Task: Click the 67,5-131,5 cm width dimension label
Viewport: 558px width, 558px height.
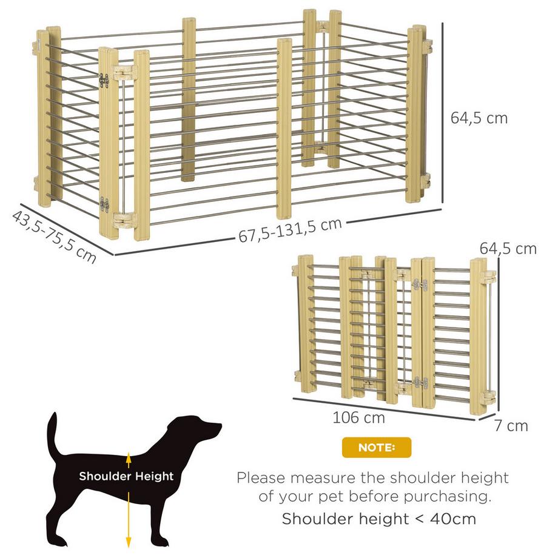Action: pyautogui.click(x=290, y=230)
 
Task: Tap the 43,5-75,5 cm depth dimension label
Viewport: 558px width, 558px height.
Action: pyautogui.click(x=54, y=237)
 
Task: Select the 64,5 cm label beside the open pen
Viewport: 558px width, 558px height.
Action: pyautogui.click(x=479, y=118)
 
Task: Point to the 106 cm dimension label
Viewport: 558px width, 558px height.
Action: pyautogui.click(x=358, y=417)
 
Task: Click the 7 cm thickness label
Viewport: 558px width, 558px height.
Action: pyautogui.click(x=511, y=426)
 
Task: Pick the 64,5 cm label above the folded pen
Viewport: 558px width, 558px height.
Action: pyautogui.click(x=508, y=249)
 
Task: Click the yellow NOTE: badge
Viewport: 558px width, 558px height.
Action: pyautogui.click(x=377, y=448)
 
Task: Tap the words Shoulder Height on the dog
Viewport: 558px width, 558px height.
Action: pyautogui.click(x=126, y=476)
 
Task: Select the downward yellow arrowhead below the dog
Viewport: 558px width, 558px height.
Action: pyautogui.click(x=129, y=542)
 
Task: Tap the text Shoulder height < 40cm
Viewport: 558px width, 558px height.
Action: pyautogui.click(x=379, y=519)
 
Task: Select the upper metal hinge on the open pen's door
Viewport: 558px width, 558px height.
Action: pyautogui.click(x=104, y=81)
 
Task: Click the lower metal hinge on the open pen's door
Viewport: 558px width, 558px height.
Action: pyautogui.click(x=104, y=204)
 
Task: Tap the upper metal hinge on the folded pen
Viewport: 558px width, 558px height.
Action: pyautogui.click(x=420, y=284)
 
